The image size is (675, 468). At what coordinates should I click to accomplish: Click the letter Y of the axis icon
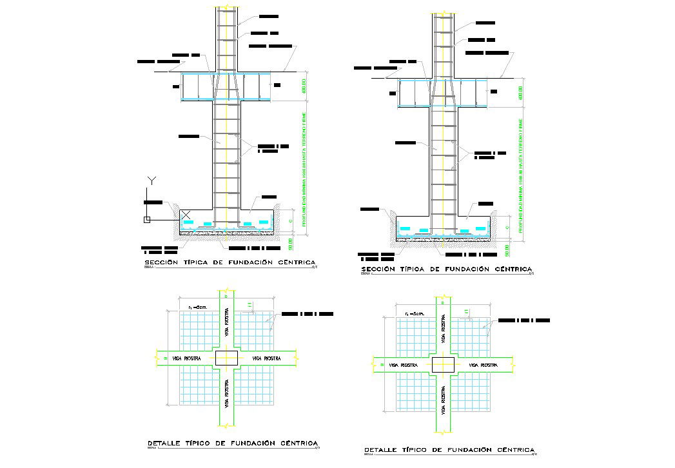151,179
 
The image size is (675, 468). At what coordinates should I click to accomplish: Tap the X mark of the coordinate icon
186,214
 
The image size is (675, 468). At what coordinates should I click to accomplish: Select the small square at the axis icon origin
148,220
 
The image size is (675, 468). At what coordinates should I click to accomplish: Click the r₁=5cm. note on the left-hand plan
197,308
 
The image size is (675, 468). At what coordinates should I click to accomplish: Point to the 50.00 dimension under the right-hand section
509,250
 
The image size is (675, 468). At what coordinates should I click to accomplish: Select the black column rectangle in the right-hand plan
443,364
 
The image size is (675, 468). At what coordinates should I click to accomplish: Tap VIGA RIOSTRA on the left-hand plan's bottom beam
226,394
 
